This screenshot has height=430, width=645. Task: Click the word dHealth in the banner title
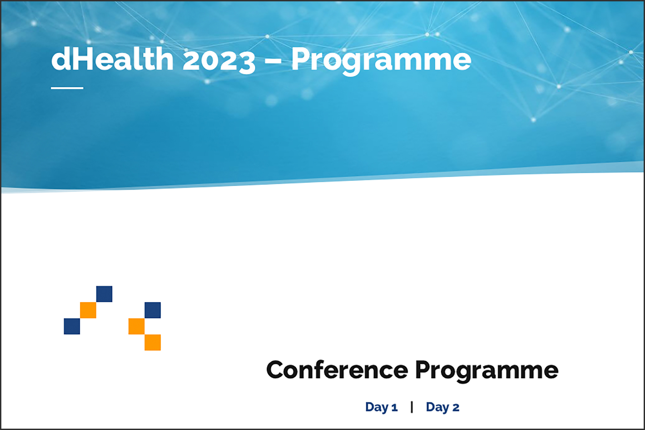click(x=113, y=59)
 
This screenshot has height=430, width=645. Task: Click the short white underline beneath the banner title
click(x=67, y=88)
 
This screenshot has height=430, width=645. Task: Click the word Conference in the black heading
click(x=337, y=370)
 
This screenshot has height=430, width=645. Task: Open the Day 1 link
click(x=381, y=407)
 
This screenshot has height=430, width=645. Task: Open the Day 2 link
click(x=442, y=407)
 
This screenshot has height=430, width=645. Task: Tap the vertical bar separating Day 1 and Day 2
click(x=412, y=407)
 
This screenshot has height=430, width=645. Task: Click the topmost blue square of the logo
click(x=104, y=294)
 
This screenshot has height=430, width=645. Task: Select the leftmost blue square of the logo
click(x=72, y=326)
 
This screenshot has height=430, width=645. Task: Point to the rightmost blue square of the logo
click(x=153, y=310)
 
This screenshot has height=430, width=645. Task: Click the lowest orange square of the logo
click(x=153, y=342)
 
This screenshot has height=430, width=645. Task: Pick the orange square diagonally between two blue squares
click(x=88, y=310)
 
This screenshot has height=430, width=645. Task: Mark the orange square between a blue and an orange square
click(x=136, y=326)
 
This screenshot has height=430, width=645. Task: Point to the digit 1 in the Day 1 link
click(x=394, y=408)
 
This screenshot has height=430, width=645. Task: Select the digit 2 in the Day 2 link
click(x=456, y=408)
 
